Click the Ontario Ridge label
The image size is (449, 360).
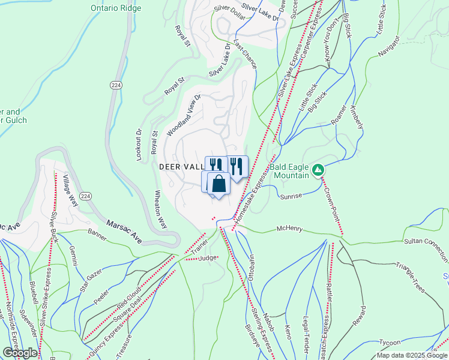(116, 8)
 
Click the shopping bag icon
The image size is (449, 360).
(219, 183)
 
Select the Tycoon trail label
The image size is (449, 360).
(389, 343)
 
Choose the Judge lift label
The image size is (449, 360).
(206, 258)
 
